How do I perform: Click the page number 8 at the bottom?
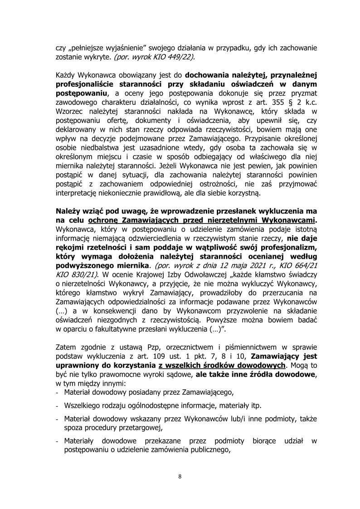tap(180, 476)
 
